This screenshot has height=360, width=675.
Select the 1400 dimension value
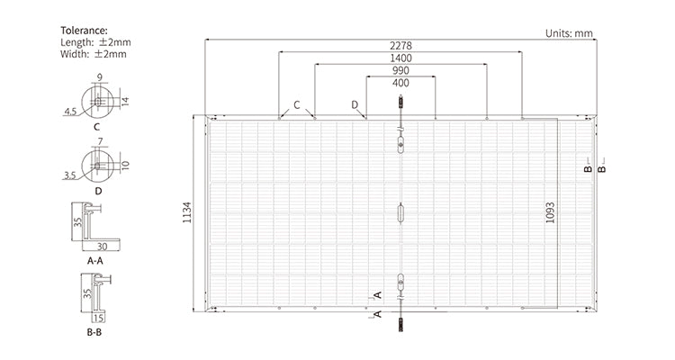tap(400, 58)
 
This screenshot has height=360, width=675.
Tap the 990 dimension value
tap(400, 71)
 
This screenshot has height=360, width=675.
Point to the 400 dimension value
tap(400, 84)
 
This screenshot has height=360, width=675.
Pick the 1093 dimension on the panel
tap(549, 212)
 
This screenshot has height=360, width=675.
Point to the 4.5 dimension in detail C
tap(70, 112)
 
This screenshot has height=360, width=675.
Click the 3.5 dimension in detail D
tap(70, 175)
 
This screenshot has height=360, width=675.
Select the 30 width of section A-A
tap(102, 246)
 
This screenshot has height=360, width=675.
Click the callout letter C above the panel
tap(297, 104)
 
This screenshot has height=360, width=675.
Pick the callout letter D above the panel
tap(355, 104)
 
